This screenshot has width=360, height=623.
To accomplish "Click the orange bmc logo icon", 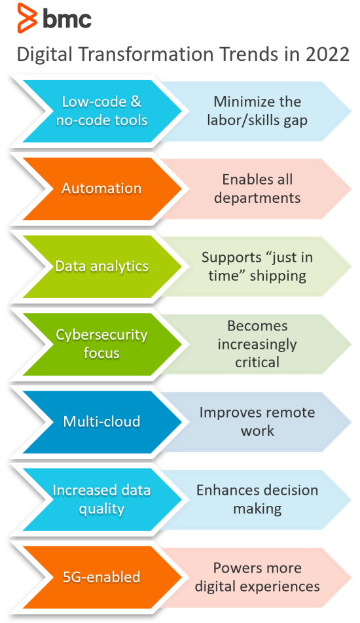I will (27, 18).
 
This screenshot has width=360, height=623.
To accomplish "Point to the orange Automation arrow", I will (101, 188).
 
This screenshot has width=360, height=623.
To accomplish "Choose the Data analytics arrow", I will (101, 266).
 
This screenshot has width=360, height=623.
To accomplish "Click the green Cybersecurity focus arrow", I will (101, 344).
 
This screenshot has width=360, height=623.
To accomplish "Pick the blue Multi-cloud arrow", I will (101, 421).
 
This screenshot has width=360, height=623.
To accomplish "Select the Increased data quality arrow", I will (101, 499).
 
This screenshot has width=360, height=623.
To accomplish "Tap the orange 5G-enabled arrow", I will (101, 577).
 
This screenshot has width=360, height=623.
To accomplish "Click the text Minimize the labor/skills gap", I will (257, 111).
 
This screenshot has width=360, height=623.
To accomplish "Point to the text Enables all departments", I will (257, 188).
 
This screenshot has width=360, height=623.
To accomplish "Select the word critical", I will (257, 362).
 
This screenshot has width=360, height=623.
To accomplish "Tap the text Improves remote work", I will (257, 421).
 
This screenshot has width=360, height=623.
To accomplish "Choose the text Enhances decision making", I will (257, 499).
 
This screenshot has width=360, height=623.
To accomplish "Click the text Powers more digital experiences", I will (257, 577).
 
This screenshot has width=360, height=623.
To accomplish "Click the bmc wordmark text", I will (67, 19).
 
